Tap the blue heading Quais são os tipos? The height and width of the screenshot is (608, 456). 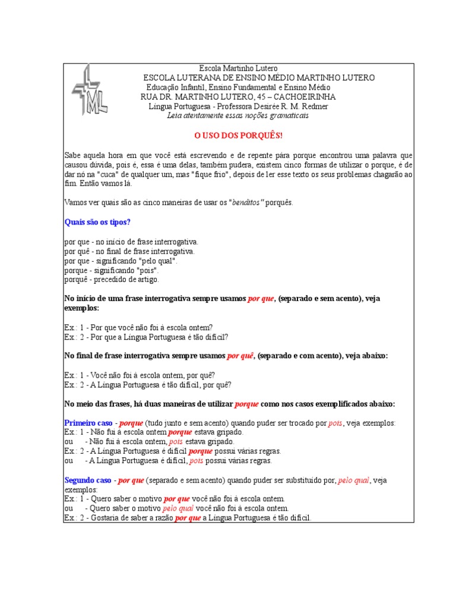97,222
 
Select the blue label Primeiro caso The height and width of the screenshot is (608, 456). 88,423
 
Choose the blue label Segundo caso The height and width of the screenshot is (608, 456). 88,480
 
